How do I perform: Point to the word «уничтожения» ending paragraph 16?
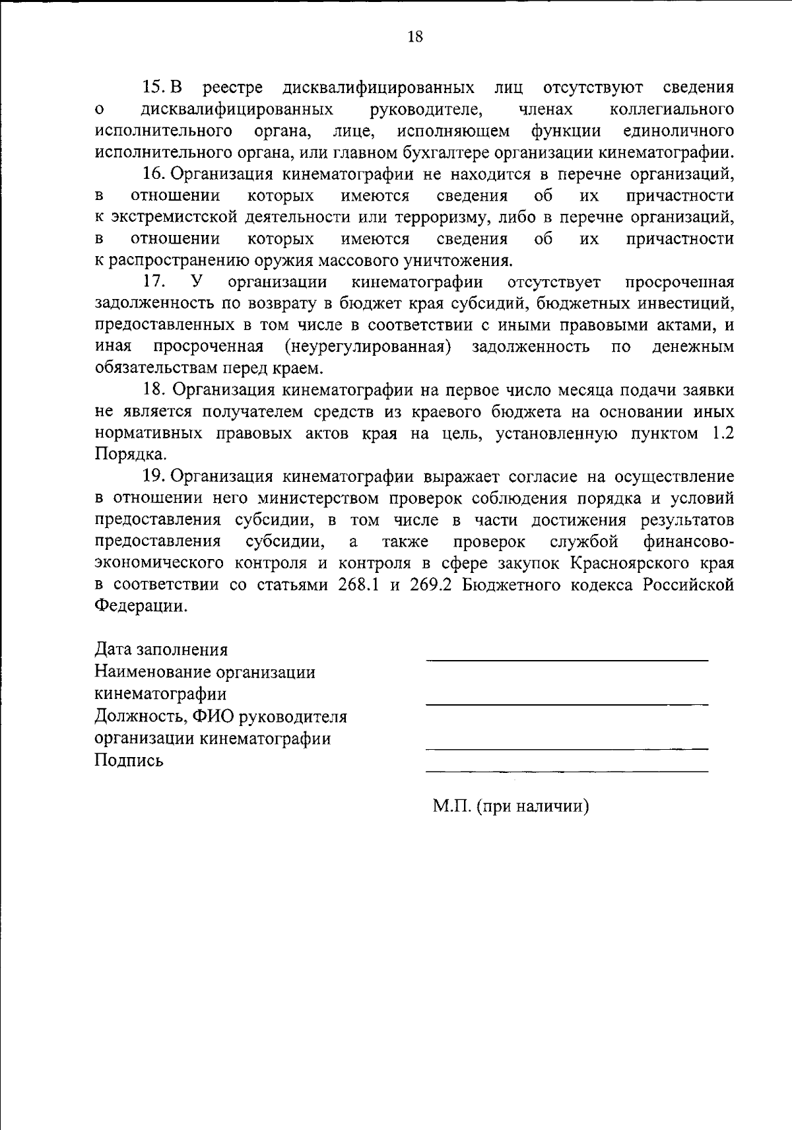[x=461, y=260]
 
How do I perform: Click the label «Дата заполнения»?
[x=162, y=649]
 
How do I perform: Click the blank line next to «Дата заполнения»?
[x=566, y=659]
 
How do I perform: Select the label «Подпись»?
[x=129, y=760]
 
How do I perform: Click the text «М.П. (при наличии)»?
[x=510, y=806]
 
